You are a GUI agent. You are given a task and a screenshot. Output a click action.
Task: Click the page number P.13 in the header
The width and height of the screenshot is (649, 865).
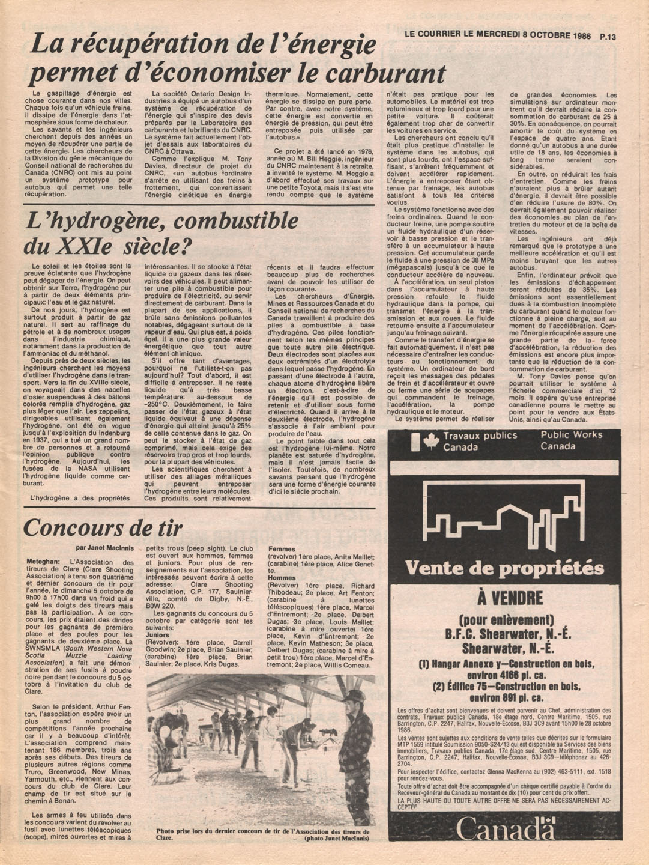(x=608, y=36)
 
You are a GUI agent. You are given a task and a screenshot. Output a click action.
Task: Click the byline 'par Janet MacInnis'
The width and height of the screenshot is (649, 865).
(x=106, y=547)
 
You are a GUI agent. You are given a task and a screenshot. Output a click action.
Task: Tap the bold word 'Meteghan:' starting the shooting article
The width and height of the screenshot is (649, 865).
(x=43, y=562)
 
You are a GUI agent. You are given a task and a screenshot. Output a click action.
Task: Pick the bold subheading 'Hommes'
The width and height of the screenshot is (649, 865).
(x=282, y=578)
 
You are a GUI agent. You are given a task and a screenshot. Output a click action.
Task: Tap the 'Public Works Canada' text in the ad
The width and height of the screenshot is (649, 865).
(x=570, y=440)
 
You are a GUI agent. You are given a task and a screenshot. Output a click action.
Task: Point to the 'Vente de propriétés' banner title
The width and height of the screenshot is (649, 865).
(x=504, y=568)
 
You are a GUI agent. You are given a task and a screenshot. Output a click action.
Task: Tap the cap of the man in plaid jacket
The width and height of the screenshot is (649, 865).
(x=354, y=697)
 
